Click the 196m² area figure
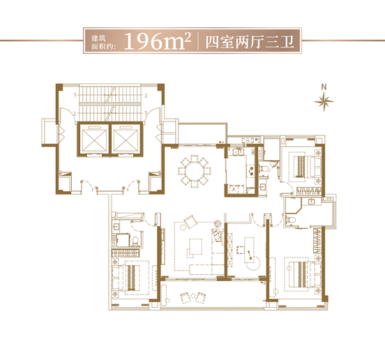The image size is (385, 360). tap(158, 41)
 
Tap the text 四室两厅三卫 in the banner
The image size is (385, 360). tap(250, 42)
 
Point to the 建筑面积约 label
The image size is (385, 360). tap(103, 43)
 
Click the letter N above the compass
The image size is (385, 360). tap(324, 87)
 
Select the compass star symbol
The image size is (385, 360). tap(324, 101)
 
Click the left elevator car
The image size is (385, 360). tap(94, 140)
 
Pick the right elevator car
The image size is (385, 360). tap(126, 140)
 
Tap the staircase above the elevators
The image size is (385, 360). tap(110, 103)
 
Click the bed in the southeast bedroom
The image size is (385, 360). tap(305, 275)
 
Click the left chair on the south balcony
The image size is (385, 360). tap(185, 298)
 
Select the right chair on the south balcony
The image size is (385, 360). tap(201, 298)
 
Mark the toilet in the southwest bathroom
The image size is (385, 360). tap(136, 241)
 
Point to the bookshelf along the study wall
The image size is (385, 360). tap(230, 250)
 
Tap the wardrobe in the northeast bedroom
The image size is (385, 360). tap(308, 190)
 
